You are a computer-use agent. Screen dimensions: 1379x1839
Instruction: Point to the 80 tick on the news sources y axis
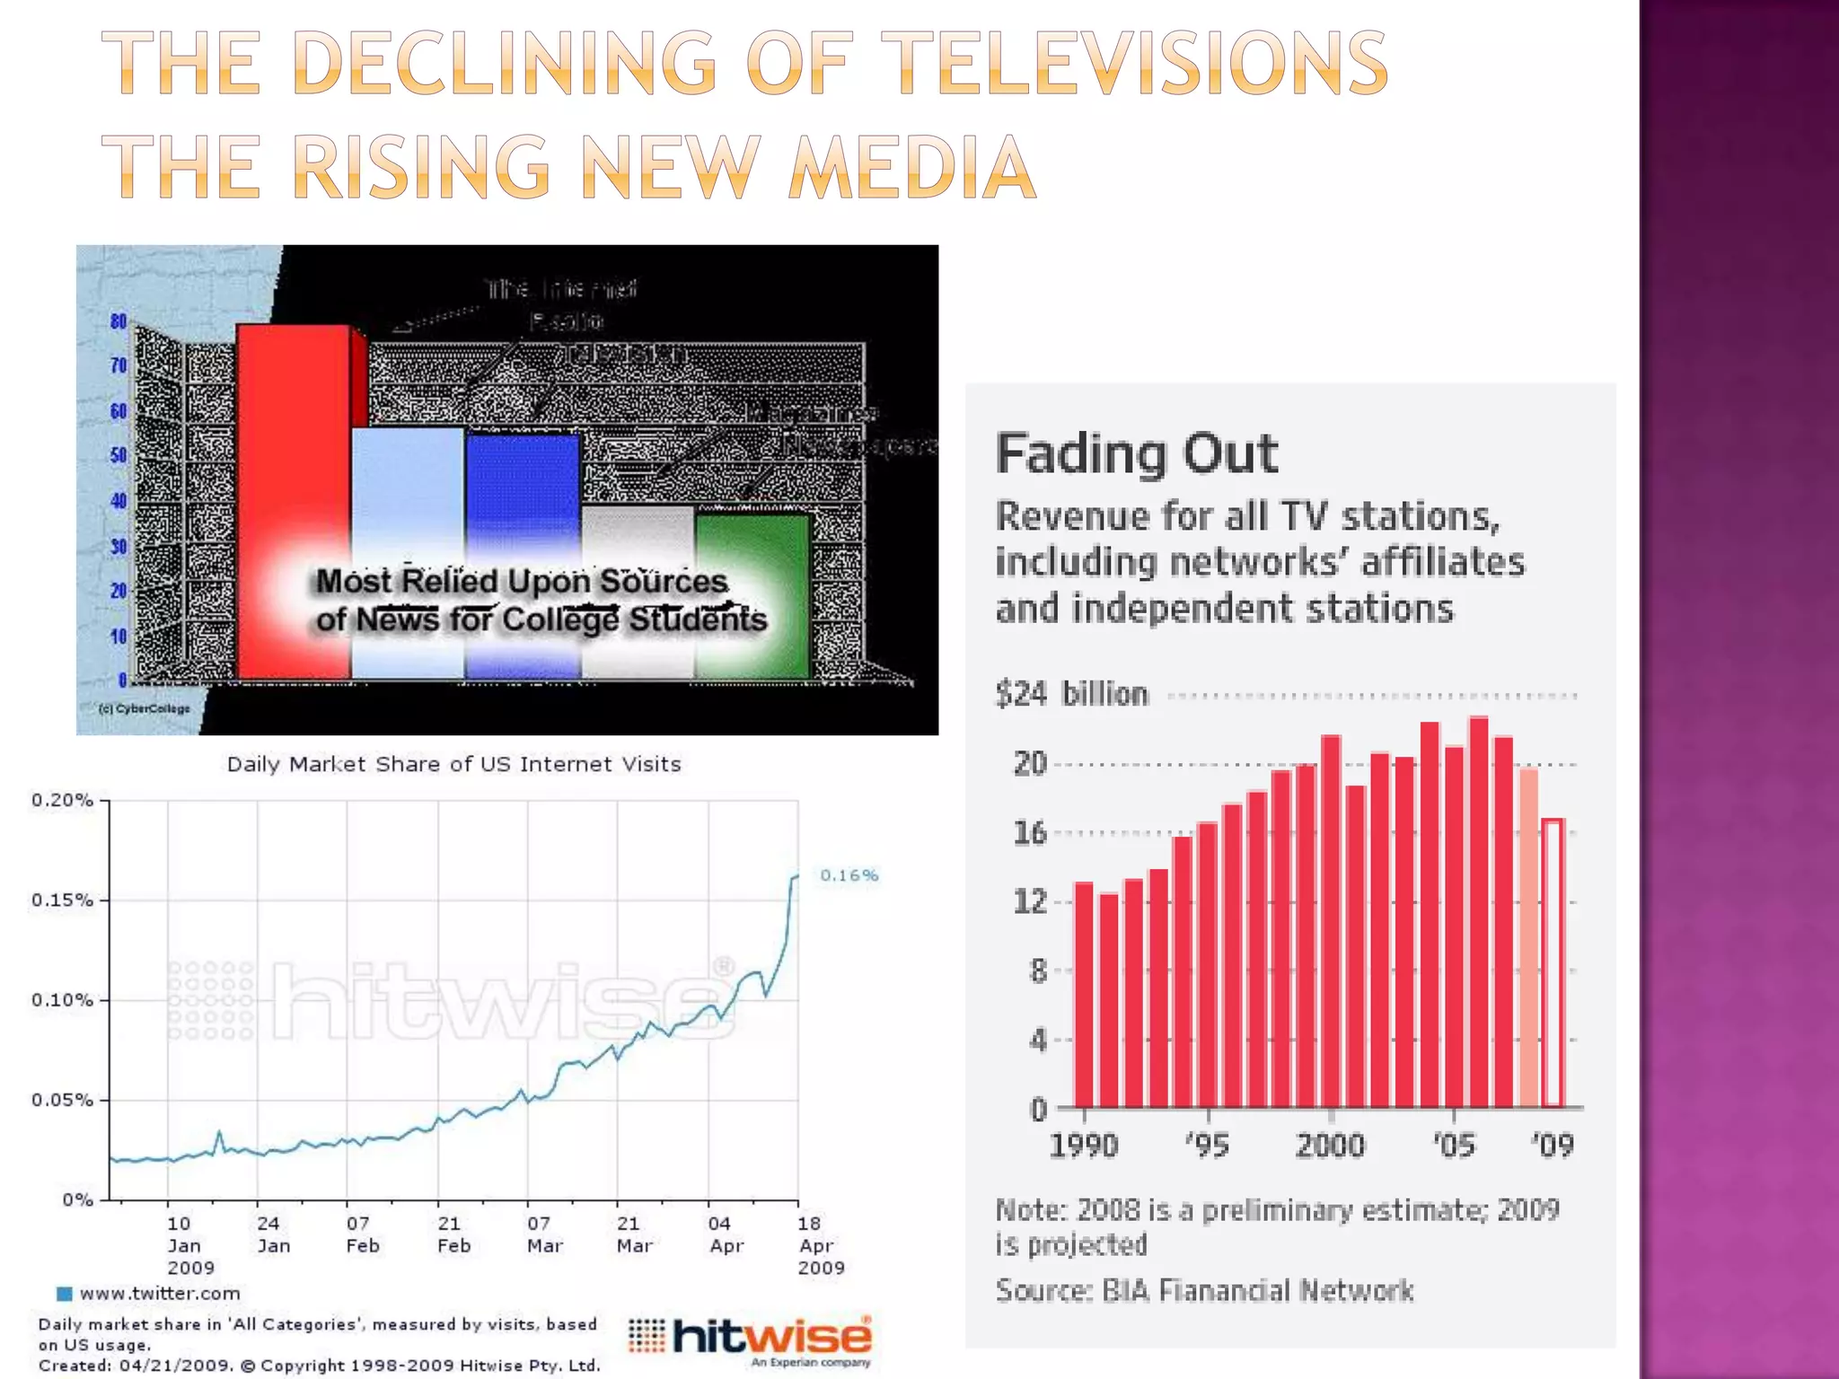(x=119, y=321)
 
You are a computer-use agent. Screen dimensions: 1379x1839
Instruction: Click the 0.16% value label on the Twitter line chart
(x=849, y=875)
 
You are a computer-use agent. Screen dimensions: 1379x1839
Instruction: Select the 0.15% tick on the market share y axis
(x=62, y=900)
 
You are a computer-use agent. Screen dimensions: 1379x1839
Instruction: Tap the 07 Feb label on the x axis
(x=362, y=1234)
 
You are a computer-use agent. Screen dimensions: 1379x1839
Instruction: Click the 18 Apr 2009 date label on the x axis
(x=820, y=1245)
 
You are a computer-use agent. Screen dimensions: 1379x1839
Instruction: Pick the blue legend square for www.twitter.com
(x=64, y=1294)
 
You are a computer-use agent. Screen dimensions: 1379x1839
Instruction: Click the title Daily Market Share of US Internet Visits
(x=453, y=764)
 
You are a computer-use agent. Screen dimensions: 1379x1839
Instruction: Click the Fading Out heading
(x=1136, y=454)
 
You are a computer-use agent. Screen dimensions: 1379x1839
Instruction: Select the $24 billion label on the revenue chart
(x=1071, y=694)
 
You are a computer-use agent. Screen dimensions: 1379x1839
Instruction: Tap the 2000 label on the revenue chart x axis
(x=1329, y=1146)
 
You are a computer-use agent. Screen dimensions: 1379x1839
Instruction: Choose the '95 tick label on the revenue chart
(x=1207, y=1146)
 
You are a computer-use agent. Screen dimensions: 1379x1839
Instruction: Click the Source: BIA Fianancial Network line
(x=1204, y=1291)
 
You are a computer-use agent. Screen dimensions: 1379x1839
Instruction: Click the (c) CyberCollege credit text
(x=144, y=708)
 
